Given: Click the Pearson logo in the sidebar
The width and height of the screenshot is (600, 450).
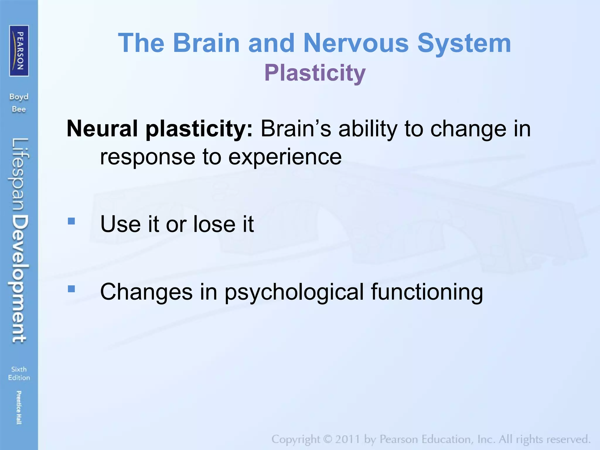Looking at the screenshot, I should point(19,51).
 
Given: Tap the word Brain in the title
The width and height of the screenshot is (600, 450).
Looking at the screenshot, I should point(206,43).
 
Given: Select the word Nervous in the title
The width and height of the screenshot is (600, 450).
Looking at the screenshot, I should point(356,43).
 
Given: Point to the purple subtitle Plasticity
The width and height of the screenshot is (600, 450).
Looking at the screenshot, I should point(315,73).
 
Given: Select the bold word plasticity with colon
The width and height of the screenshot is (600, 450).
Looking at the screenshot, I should point(199,129).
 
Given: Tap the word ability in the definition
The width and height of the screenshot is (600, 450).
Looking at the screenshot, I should point(368,129).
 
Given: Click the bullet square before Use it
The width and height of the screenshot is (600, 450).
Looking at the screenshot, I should point(71,221).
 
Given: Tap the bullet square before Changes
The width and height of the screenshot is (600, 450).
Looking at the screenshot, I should point(71,289).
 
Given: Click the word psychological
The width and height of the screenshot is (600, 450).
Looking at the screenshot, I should point(294,292).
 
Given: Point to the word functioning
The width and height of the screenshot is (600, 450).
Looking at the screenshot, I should point(427,292).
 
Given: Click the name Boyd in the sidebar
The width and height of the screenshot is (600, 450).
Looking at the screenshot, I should point(19,97).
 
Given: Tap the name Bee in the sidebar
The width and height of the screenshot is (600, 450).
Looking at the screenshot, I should point(19,110).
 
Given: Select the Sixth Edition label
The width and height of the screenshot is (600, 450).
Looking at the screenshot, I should point(19,373).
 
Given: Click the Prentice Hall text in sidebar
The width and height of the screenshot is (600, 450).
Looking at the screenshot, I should point(19,407).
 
